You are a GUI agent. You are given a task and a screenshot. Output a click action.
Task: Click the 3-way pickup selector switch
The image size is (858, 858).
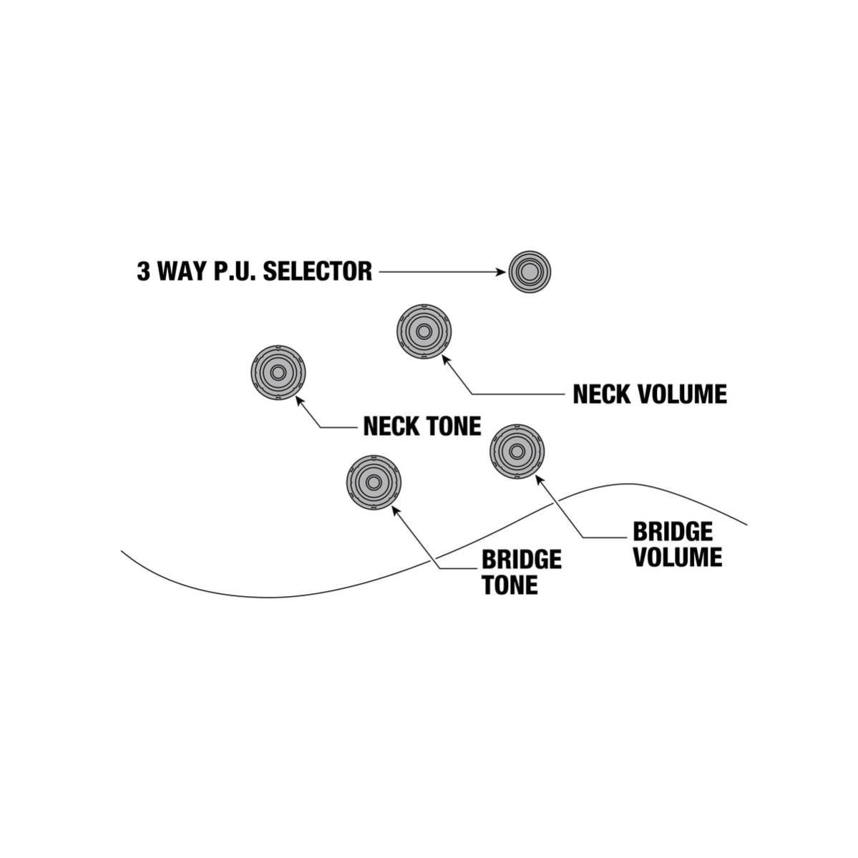530,272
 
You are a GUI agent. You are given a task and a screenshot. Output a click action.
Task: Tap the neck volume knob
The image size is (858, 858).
424,331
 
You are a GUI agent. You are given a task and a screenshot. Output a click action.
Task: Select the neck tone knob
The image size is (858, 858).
278,373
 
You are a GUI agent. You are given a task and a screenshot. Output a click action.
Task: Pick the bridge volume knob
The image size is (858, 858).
517,452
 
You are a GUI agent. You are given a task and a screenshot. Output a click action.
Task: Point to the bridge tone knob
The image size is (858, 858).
374,482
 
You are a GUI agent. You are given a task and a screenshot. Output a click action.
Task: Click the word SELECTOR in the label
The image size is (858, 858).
318,271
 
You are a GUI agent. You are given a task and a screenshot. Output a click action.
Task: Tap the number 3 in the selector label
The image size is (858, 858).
143,271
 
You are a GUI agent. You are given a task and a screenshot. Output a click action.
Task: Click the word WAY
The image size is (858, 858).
182,271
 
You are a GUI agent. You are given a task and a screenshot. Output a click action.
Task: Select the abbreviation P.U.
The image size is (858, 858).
235,271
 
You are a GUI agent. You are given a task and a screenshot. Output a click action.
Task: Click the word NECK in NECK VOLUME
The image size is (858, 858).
602,394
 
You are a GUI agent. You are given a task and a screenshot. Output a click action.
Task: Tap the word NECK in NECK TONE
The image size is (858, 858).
392,426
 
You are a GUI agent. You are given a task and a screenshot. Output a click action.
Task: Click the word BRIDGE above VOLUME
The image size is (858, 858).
673,531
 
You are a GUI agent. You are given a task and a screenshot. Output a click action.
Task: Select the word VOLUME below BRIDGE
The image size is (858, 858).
678,557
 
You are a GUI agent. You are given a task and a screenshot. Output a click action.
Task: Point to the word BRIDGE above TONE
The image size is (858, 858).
522,559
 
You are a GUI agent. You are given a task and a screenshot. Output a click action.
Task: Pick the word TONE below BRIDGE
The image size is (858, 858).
510,585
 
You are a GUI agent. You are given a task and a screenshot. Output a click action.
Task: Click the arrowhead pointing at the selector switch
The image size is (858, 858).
501,272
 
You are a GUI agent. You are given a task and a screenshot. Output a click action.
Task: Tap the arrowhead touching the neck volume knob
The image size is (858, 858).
446,359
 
